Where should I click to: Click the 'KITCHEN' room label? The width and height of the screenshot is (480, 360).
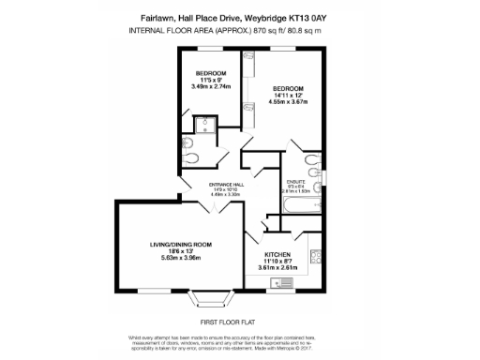277,254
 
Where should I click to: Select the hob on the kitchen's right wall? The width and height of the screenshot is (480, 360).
317,255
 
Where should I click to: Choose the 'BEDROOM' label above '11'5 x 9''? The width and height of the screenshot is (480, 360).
211,74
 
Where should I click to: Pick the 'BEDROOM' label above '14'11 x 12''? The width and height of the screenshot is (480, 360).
289,87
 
